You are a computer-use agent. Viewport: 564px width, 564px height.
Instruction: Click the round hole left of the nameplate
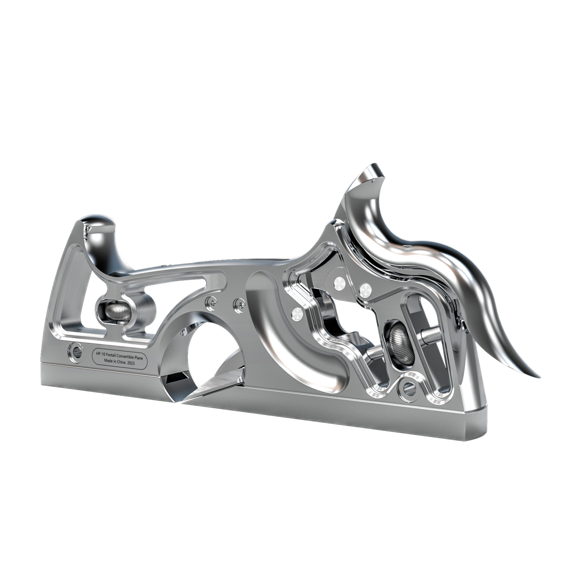click(x=74, y=350)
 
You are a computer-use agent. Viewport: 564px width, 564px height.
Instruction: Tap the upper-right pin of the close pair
click(x=365, y=289)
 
